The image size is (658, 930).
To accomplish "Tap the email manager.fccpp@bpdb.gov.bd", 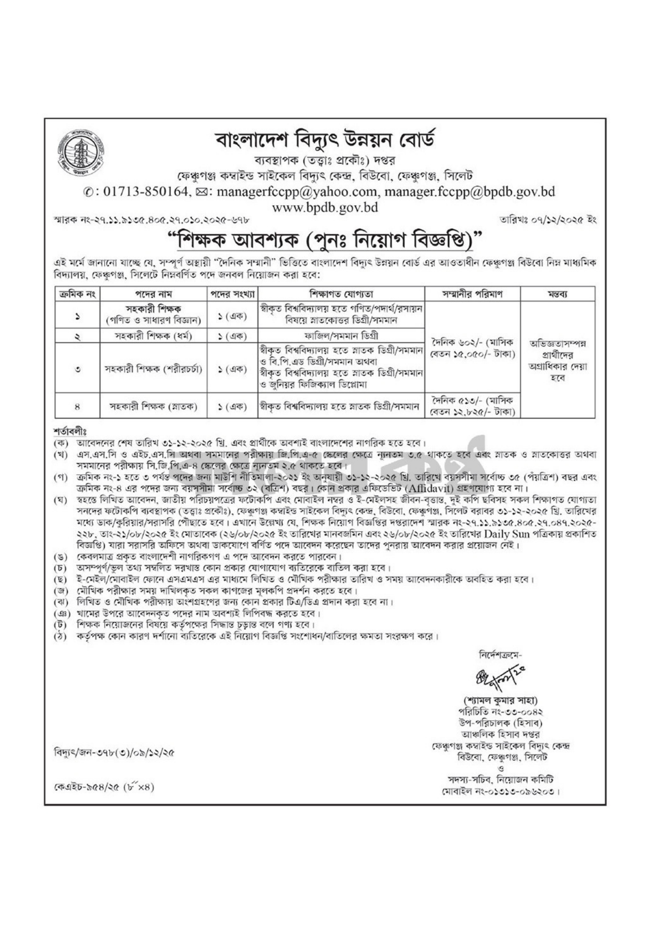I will click(469, 192).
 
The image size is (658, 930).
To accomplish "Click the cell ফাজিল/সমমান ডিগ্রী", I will click(342, 336).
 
